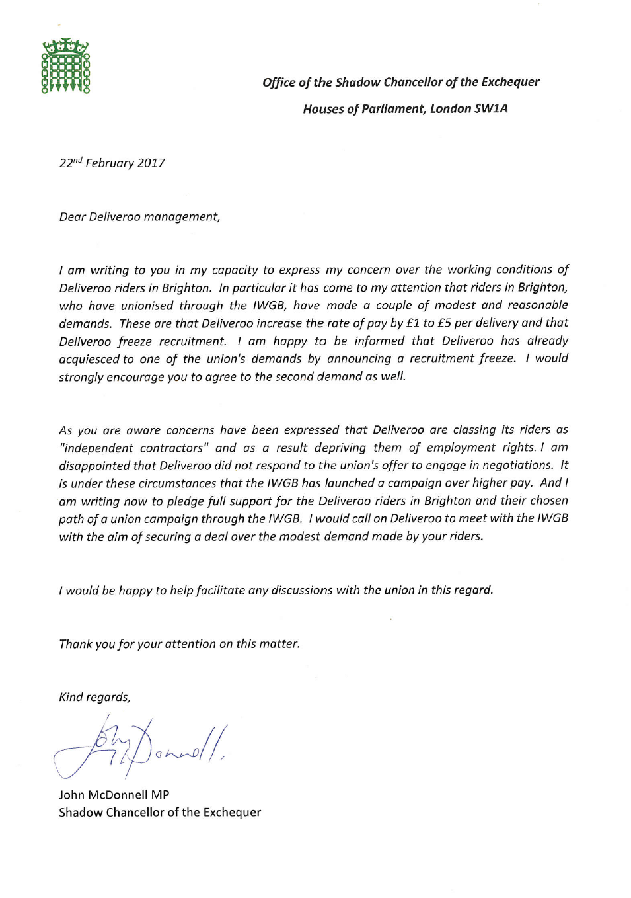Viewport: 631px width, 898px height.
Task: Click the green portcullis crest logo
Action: click(65, 66)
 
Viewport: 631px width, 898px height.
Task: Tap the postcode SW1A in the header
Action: click(491, 109)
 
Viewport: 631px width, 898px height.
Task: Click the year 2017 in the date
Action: click(151, 163)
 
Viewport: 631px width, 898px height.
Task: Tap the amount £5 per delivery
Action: click(444, 323)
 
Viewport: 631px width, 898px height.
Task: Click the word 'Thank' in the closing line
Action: click(76, 644)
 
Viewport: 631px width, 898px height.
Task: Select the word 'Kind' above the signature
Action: click(71, 697)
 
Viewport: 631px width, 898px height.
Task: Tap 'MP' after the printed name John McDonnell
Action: click(160, 795)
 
